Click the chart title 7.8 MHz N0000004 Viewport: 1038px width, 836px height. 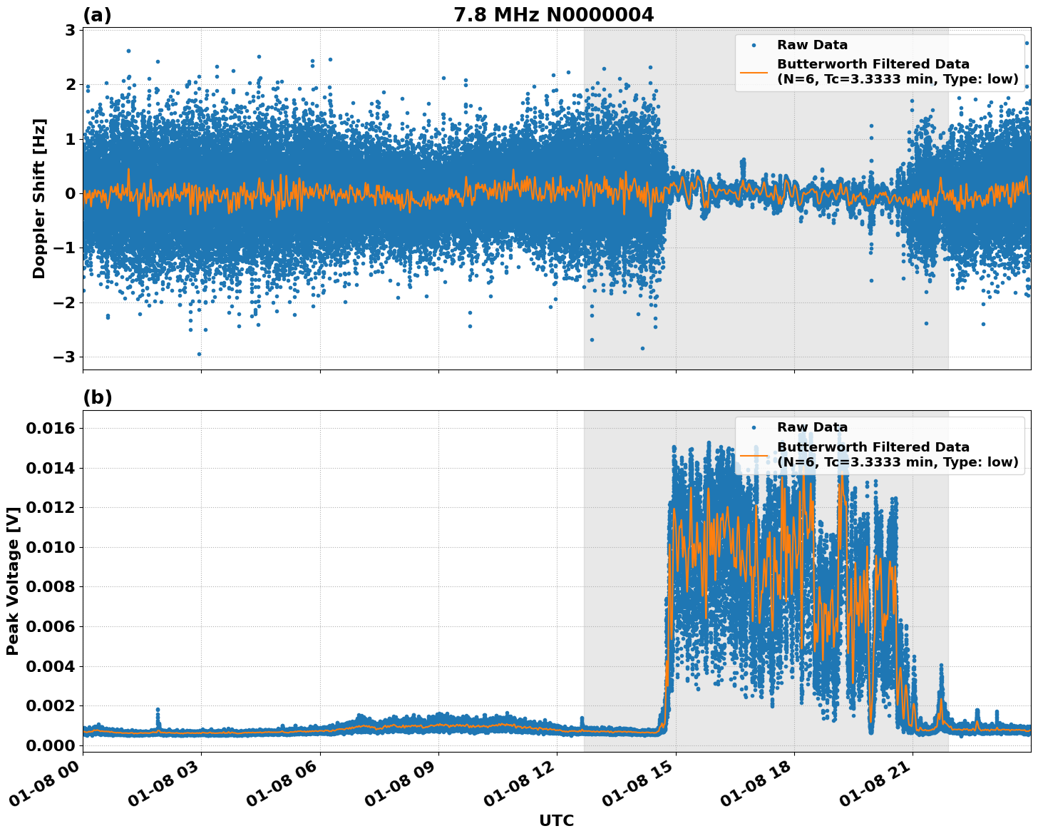point(553,15)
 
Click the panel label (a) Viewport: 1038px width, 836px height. point(97,15)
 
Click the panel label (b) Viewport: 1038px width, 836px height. point(97,397)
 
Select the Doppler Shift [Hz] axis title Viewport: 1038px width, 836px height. point(39,198)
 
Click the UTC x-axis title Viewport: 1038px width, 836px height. point(556,820)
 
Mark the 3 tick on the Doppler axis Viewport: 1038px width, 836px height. point(70,30)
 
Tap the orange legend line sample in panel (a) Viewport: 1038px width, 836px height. point(754,71)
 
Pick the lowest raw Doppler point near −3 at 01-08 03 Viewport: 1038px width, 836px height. point(199,354)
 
